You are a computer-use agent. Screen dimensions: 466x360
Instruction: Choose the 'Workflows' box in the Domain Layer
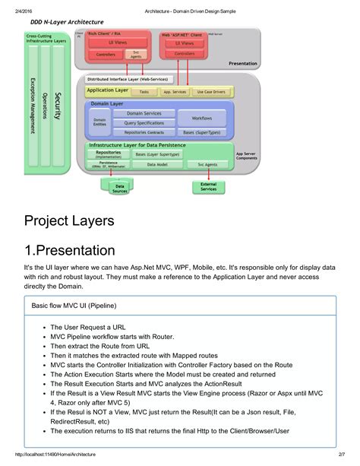pyautogui.click(x=201, y=119)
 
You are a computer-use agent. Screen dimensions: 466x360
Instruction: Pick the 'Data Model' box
pyautogui.click(x=157, y=163)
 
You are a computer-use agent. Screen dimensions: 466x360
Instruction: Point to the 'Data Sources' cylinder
pyautogui.click(x=119, y=186)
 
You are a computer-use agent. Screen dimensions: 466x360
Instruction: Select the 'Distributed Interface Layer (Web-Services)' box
pyautogui.click(x=128, y=78)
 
